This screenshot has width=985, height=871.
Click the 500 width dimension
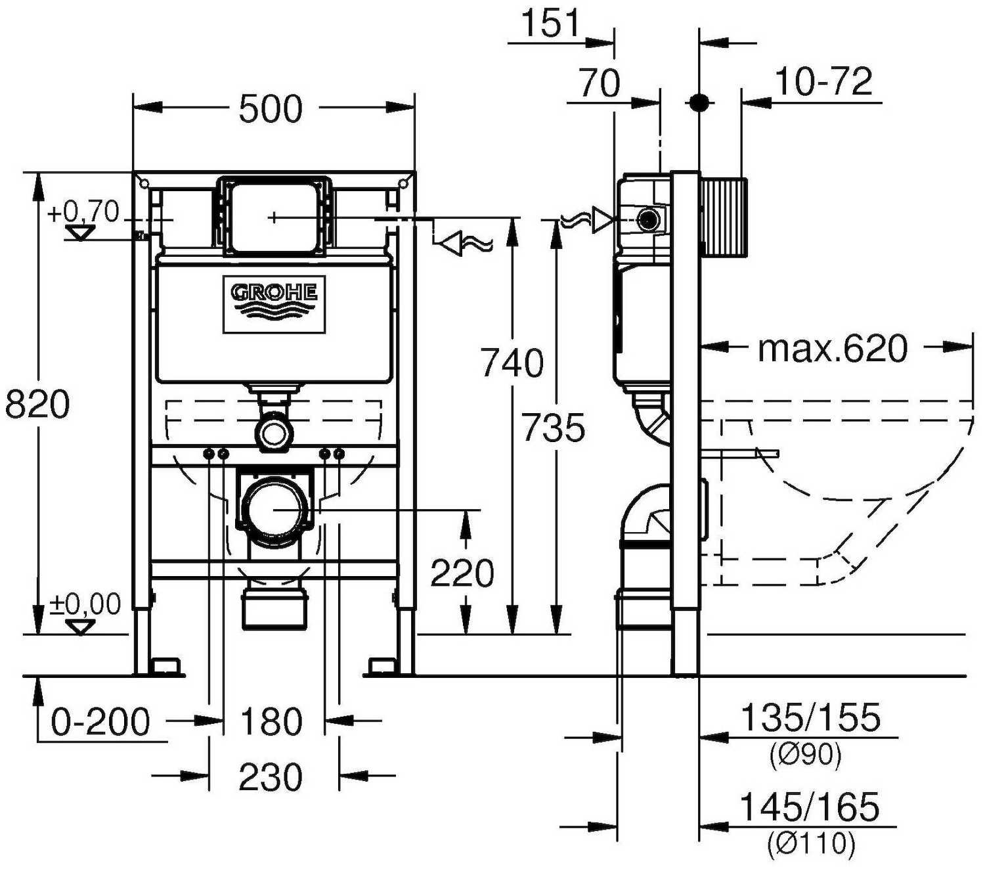pos(271,109)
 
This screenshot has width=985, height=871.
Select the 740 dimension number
pos(512,363)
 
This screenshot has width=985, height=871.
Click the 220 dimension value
pos(462,573)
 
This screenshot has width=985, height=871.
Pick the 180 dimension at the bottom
pos(271,722)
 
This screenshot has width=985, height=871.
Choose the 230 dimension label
pos(271,777)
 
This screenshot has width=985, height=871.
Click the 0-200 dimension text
pos(101,722)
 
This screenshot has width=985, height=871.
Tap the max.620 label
pos(833,348)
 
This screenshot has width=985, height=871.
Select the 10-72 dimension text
pos(823,82)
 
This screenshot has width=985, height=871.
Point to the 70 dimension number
pos(599,83)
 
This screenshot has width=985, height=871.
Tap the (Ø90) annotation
pos(805,755)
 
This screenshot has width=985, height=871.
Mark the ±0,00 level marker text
pos(85,604)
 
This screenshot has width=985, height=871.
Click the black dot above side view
pos(699,102)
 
